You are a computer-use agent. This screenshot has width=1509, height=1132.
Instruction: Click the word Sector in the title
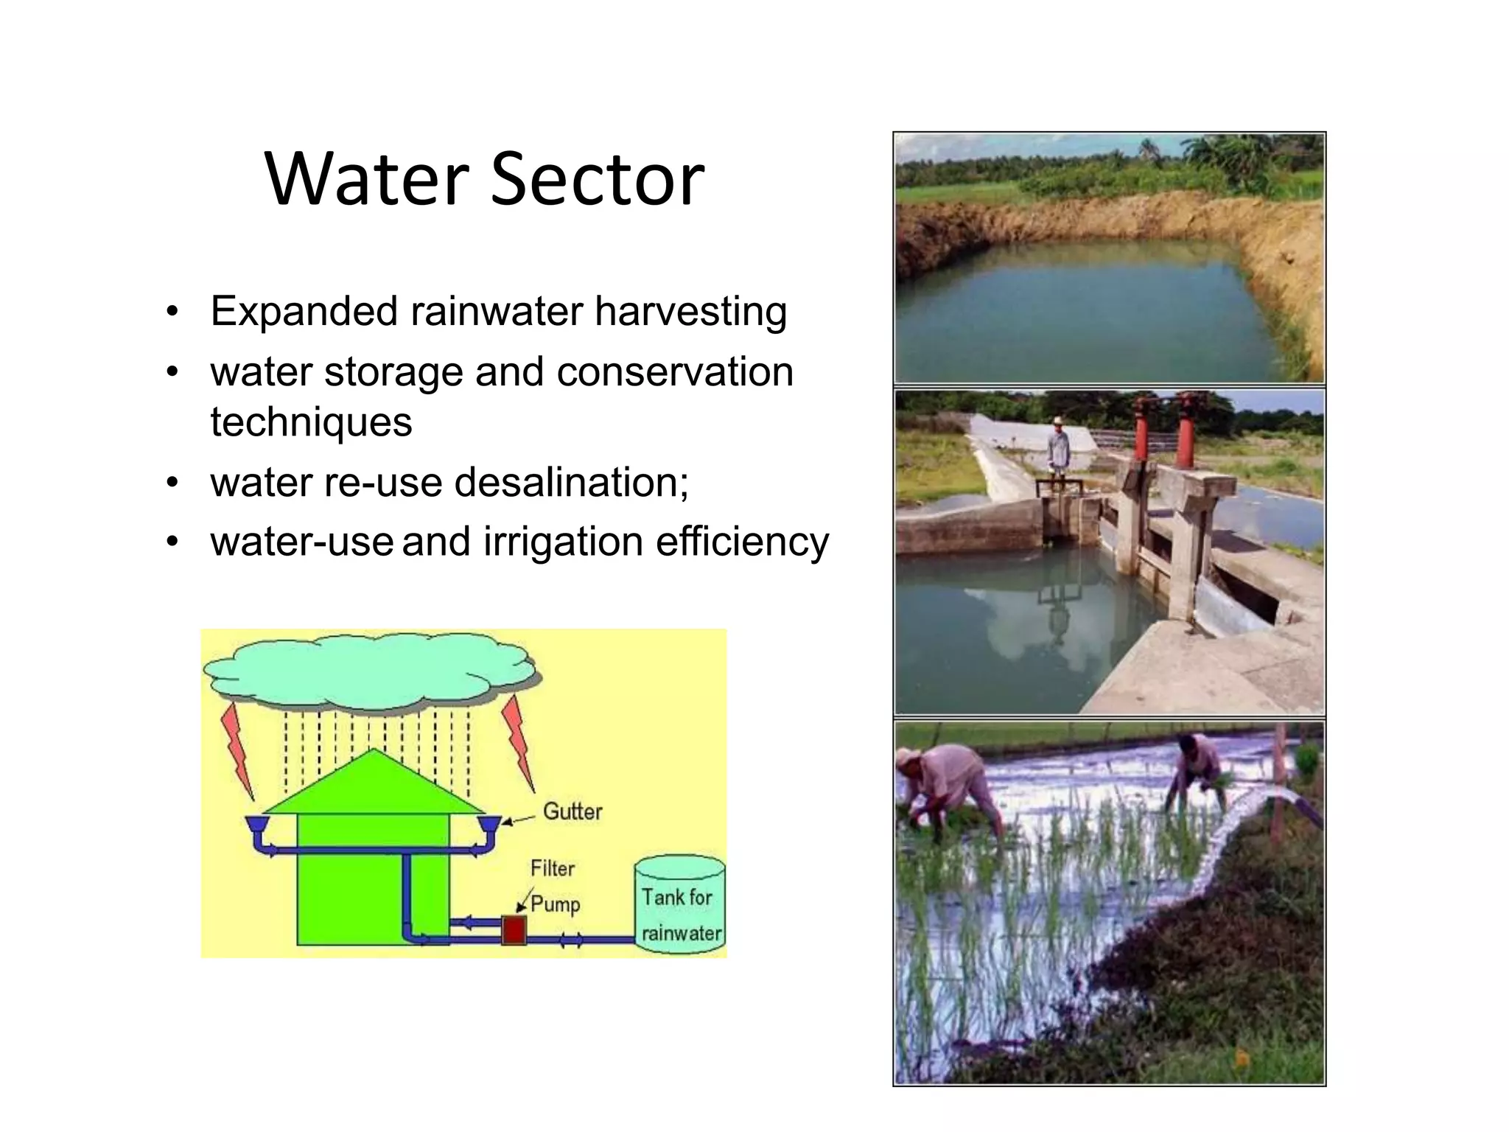pos(597,179)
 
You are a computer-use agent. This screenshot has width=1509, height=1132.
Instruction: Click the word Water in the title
pos(366,179)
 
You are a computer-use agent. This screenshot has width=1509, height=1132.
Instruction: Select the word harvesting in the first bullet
pos(690,312)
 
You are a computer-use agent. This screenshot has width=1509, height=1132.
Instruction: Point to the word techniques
pos(311,422)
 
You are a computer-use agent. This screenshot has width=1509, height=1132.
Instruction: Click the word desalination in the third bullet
pos(571,483)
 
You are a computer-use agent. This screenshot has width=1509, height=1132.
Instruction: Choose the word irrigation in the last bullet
pos(563,542)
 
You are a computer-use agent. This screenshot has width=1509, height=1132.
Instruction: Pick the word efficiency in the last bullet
pos(742,542)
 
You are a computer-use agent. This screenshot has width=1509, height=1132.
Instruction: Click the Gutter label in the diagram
pos(573,811)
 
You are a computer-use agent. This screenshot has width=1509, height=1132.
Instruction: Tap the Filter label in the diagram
pos(552,868)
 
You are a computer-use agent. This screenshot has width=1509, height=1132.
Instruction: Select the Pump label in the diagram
pos(555,904)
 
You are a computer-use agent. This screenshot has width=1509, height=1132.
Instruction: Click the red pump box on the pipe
pos(514,930)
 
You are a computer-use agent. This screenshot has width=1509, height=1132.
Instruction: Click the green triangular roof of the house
pos(374,785)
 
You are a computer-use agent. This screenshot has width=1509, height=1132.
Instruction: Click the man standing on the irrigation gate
pos(1058,450)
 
